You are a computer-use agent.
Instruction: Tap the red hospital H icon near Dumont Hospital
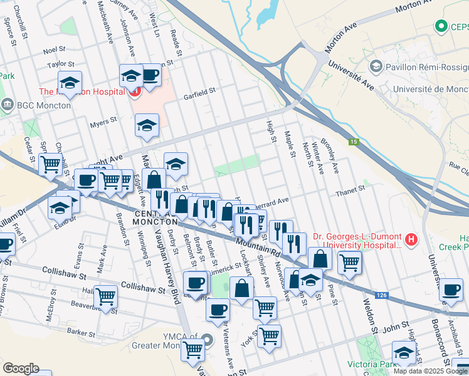pyautogui.click(x=411, y=239)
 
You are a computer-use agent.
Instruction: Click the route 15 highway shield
pyautogui.click(x=354, y=142)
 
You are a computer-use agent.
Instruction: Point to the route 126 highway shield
pyautogui.click(x=381, y=294)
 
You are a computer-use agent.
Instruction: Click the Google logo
pyautogui.click(x=21, y=368)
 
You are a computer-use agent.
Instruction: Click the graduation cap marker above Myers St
pyautogui.click(x=147, y=125)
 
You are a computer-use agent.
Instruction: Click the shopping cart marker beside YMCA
pyautogui.click(x=192, y=349)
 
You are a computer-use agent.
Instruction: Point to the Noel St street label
pyautogui.click(x=55, y=50)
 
